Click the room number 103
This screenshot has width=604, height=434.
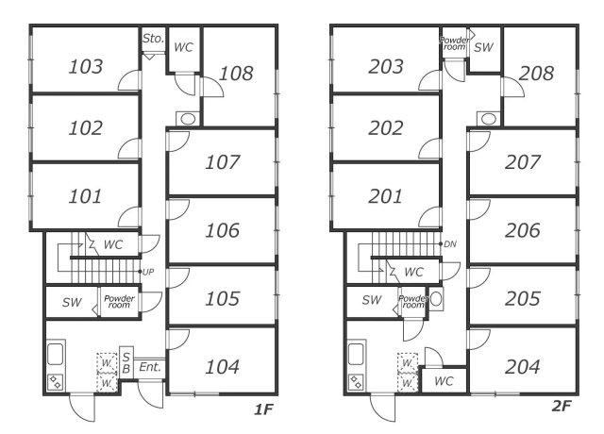click(x=86, y=66)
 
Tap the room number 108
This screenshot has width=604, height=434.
click(x=236, y=74)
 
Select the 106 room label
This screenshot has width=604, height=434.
click(x=223, y=230)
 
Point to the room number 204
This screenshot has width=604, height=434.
click(x=522, y=367)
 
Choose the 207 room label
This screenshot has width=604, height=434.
click(x=522, y=162)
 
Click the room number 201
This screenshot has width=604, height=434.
click(x=386, y=196)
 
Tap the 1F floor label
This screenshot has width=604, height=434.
click(x=263, y=409)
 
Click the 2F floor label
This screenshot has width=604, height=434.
click(x=562, y=406)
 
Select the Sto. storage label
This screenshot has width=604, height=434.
click(x=153, y=38)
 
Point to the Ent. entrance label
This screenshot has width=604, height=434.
click(x=150, y=367)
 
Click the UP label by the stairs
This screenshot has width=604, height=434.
click(x=148, y=272)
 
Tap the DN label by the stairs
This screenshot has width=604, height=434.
click(x=450, y=243)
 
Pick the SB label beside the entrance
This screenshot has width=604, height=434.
click(x=126, y=362)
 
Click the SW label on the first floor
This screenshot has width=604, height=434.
click(x=72, y=302)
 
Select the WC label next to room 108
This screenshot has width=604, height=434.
click(x=183, y=47)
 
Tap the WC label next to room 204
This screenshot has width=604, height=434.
click(x=444, y=381)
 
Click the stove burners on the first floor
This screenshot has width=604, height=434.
click(x=56, y=382)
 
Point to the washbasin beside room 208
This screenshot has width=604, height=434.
click(x=489, y=119)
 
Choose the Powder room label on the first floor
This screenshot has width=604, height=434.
click(x=119, y=302)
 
